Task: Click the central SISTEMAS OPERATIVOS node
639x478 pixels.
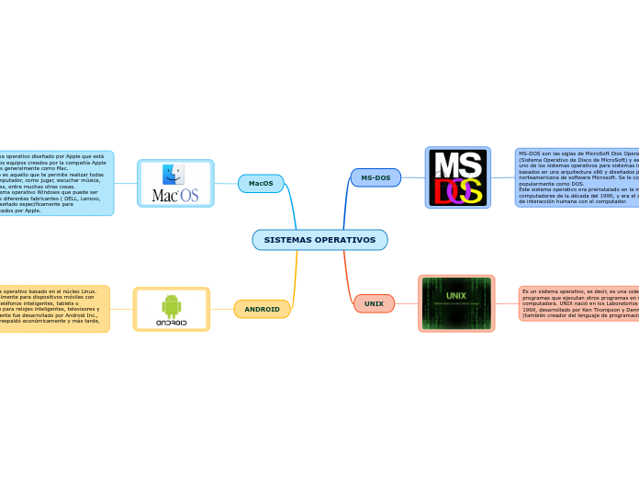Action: click(319, 240)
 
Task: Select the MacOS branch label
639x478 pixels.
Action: click(261, 184)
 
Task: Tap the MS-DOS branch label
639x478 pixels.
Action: click(376, 177)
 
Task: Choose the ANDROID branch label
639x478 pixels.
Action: click(262, 309)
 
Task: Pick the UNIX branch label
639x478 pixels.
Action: click(374, 303)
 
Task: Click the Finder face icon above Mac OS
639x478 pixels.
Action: click(173, 175)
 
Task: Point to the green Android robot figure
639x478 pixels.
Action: click(171, 305)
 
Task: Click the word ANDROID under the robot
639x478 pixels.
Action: click(171, 323)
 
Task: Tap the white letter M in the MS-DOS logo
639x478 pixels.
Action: click(444, 165)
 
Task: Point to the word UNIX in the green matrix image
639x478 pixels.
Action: click(456, 295)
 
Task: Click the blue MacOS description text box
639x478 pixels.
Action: click(55, 183)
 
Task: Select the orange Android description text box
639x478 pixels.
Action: click(53, 309)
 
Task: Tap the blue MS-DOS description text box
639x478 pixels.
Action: click(577, 177)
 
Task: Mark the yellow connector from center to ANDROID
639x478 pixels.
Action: click(295, 276)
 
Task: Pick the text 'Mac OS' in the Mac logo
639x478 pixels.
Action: click(174, 195)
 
